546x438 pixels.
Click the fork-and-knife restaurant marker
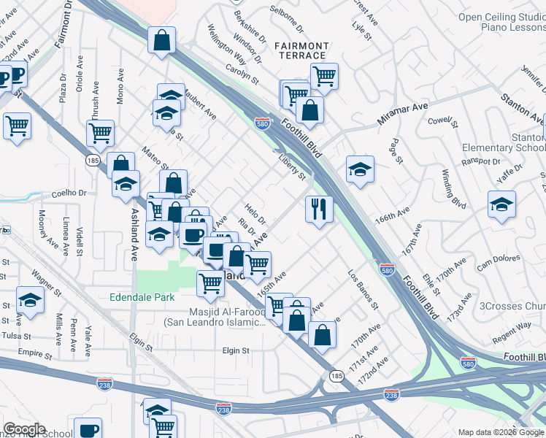click(x=319, y=210)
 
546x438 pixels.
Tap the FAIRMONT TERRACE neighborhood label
click(x=301, y=50)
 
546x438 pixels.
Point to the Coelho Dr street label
click(x=69, y=193)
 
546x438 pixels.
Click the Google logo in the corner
click(x=24, y=429)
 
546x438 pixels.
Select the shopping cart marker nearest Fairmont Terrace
click(x=324, y=74)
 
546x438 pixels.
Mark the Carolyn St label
click(x=242, y=74)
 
